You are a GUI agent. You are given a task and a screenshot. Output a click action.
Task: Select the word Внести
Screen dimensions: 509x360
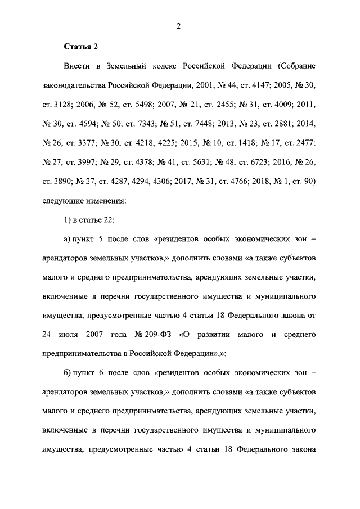click(78, 66)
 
